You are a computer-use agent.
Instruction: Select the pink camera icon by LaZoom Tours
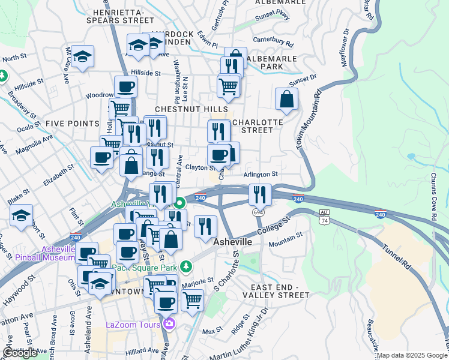pos(169,324)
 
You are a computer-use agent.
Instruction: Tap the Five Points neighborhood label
pos(72,123)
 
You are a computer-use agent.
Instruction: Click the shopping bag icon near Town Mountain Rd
pos(287,100)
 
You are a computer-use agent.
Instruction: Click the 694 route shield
pos(258,212)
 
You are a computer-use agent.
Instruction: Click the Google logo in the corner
pos(20,353)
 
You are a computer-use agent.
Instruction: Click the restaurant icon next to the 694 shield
pos(260,193)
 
